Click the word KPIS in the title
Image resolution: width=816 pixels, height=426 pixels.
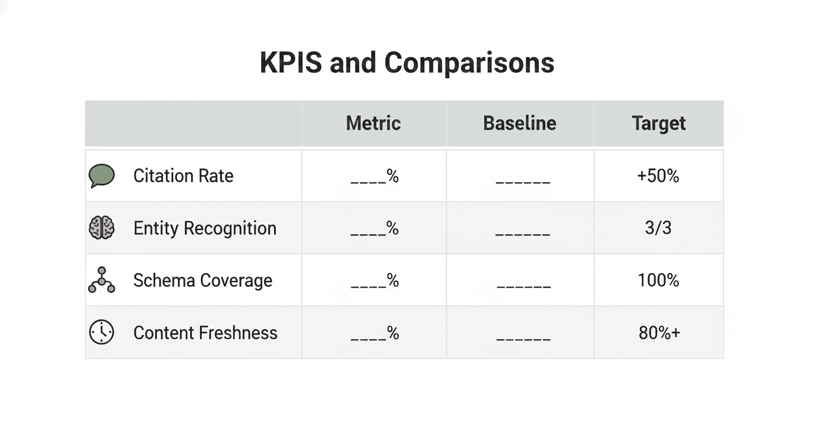pos(290,62)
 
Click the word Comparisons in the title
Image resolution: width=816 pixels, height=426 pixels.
pos(469,62)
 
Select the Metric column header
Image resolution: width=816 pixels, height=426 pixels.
pos(373,123)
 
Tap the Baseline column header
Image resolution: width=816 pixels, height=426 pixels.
pos(519,123)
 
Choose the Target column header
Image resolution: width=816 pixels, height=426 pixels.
pos(658,123)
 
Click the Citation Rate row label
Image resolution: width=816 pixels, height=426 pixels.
pos(183,176)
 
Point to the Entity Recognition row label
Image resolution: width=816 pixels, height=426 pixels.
pos(205,228)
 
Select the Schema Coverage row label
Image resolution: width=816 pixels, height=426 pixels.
pos(202,281)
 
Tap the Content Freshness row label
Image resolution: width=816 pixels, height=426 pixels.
pos(205,333)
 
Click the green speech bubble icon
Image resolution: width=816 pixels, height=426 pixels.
pos(101,175)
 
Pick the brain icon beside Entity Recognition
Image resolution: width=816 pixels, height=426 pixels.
pos(101,227)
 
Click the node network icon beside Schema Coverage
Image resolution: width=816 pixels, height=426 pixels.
pos(101,280)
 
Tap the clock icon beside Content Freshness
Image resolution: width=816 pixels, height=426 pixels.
pos(101,332)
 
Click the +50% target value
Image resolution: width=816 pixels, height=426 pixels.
pos(658,176)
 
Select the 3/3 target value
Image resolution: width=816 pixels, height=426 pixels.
pos(658,228)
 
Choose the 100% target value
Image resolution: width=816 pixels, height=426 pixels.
pos(658,281)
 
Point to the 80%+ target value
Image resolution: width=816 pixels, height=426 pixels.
pos(659,333)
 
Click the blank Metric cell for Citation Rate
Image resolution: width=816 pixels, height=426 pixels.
pos(374,177)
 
